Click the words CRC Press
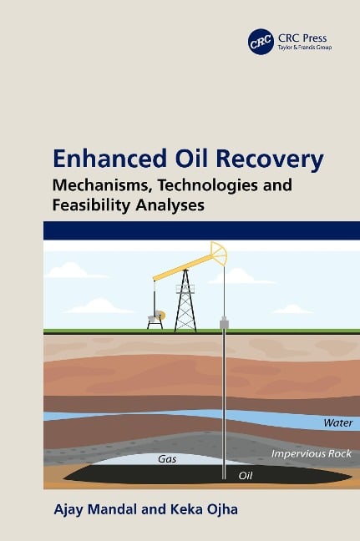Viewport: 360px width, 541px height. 300,37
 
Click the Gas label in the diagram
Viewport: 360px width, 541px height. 165,458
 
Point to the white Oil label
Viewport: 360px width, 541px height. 246,476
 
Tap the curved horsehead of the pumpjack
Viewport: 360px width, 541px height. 219,251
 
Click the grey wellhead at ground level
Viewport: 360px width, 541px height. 224,321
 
